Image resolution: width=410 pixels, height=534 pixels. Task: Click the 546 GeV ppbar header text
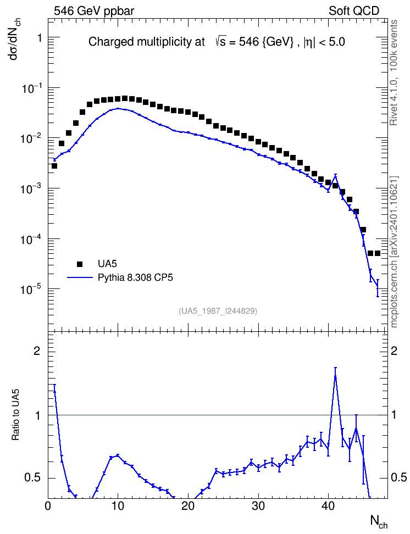[x=94, y=11]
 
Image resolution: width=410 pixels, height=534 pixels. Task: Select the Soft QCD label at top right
[x=354, y=10]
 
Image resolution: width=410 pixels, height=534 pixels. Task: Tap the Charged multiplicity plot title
[x=217, y=42]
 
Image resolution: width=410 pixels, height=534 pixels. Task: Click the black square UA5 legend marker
[x=80, y=264]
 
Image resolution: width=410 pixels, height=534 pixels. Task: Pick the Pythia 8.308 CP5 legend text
[x=135, y=278]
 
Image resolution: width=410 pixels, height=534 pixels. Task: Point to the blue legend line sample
[x=80, y=277]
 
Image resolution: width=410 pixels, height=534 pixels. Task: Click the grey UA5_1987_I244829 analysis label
[x=218, y=311]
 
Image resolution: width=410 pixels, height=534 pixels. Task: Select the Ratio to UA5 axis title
[x=16, y=415]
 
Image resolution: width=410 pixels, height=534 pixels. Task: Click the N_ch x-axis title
[x=379, y=521]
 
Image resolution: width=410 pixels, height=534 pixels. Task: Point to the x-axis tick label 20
[x=188, y=506]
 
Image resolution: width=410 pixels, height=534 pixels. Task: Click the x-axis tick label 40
[x=329, y=506]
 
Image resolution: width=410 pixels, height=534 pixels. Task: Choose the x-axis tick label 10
[x=118, y=506]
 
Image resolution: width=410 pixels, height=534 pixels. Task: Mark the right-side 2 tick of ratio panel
[x=394, y=351]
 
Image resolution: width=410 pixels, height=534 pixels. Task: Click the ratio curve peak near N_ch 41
[x=335, y=376]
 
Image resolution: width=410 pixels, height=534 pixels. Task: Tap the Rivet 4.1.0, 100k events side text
[x=394, y=73]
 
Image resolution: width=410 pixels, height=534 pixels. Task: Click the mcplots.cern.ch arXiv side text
[x=394, y=252]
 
